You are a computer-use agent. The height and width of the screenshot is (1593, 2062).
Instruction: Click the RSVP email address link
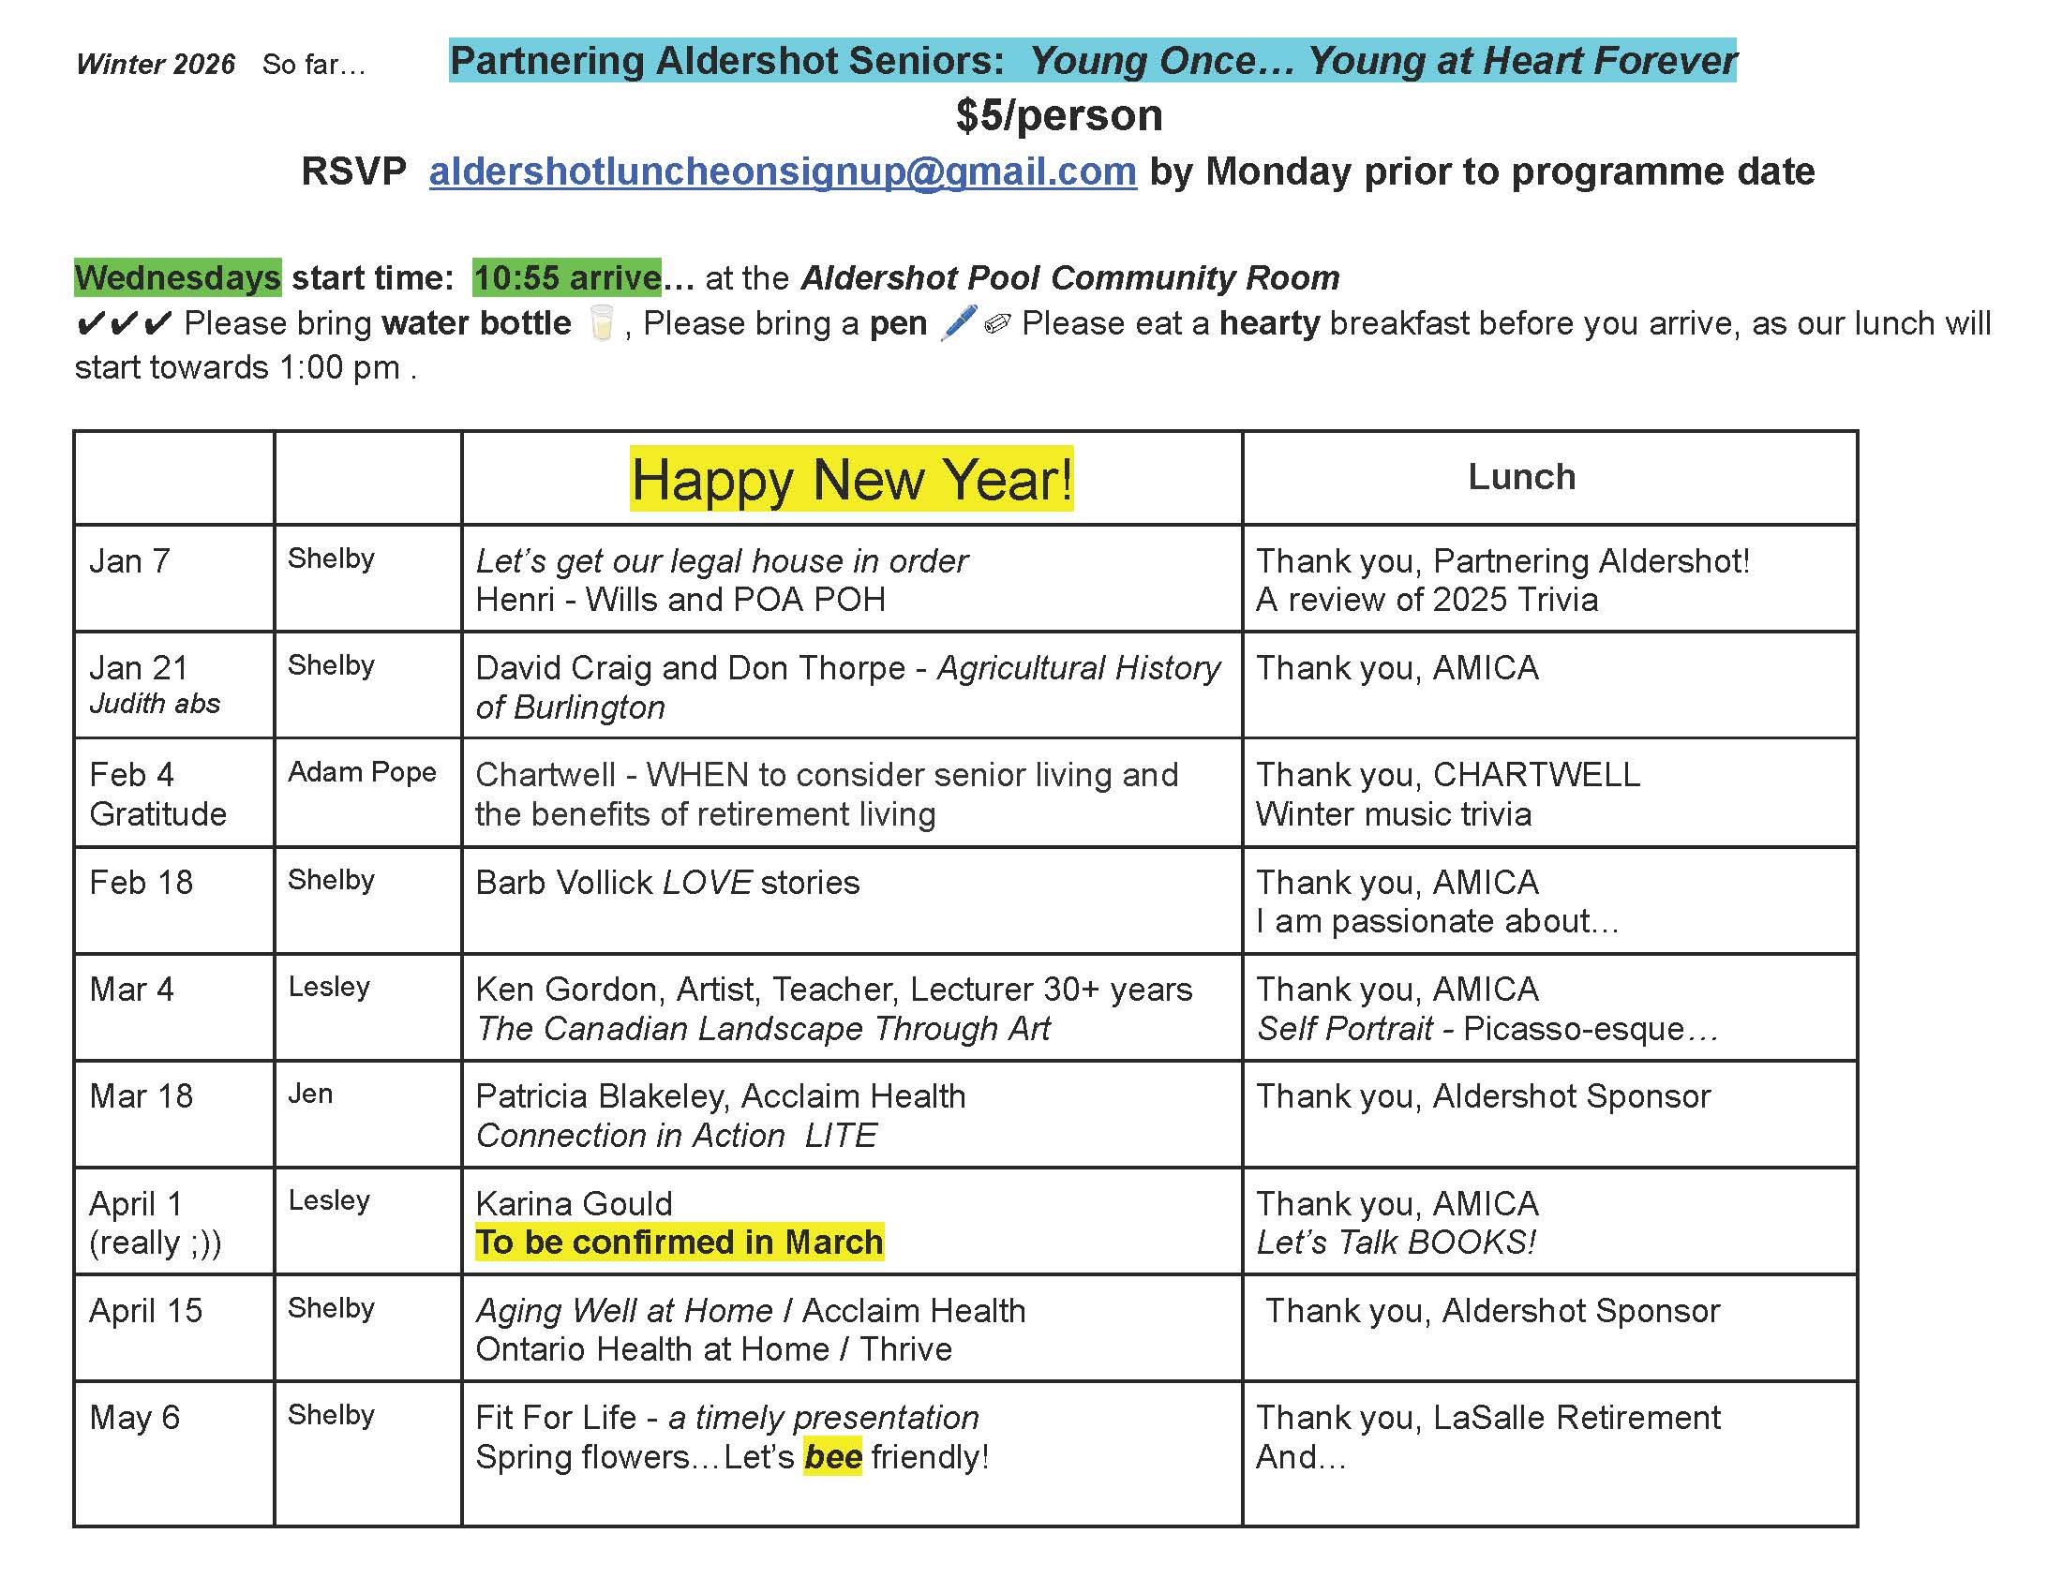[782, 171]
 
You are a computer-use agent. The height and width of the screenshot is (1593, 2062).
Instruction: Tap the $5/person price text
[1058, 115]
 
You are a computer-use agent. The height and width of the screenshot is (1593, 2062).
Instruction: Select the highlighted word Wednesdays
[177, 277]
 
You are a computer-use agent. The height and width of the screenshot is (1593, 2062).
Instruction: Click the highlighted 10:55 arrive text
[566, 277]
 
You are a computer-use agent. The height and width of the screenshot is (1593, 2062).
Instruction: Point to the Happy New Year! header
[851, 479]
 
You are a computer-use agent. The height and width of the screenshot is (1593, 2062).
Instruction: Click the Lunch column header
[1521, 477]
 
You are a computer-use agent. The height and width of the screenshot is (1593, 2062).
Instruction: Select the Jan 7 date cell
[129, 560]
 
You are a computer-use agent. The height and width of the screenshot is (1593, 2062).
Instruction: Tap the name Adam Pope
[362, 772]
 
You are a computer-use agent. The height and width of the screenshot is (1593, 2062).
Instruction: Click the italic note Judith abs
[155, 704]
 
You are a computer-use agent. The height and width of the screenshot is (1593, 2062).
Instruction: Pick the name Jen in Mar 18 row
[309, 1094]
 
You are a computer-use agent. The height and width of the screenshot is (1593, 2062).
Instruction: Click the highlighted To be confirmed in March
[679, 1242]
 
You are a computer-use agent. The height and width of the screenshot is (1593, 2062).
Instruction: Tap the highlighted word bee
[831, 1456]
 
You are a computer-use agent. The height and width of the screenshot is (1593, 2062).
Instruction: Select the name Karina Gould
[574, 1203]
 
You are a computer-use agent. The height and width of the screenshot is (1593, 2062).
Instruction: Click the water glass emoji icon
[601, 322]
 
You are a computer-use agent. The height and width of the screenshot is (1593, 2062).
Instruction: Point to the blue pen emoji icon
[958, 322]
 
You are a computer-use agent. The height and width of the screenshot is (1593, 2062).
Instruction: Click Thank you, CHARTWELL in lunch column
[1447, 774]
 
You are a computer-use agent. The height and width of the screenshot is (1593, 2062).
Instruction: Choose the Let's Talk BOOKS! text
[1396, 1242]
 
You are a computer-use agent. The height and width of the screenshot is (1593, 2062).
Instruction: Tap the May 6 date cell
[134, 1418]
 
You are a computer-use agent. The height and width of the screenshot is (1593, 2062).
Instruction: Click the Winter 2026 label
[156, 64]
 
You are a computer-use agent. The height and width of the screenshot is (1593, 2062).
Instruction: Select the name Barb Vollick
[563, 883]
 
